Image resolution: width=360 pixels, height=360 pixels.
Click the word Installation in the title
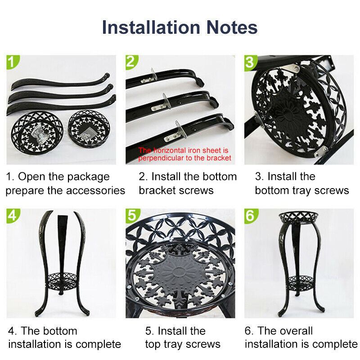[151, 27]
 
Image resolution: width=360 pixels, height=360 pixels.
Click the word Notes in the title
[232, 27]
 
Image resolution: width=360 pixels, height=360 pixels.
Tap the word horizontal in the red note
[170, 150]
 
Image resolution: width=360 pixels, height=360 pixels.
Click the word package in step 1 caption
[88, 177]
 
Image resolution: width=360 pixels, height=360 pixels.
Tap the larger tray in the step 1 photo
[37, 131]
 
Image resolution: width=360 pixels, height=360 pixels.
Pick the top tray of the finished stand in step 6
[298, 218]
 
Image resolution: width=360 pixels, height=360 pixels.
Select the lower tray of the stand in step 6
[300, 283]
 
